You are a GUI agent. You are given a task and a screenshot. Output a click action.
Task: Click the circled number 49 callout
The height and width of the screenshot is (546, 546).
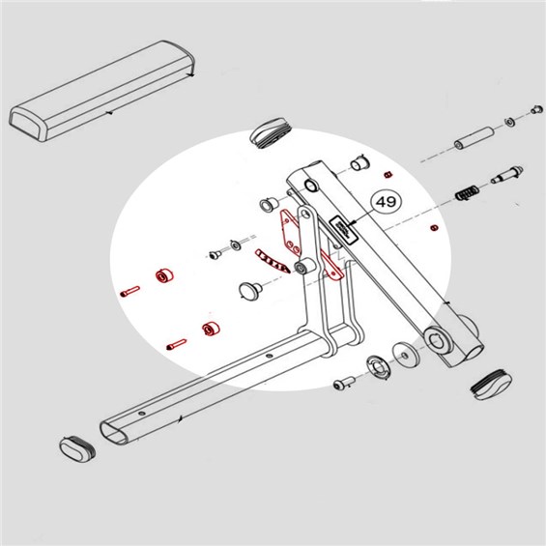click(x=387, y=201)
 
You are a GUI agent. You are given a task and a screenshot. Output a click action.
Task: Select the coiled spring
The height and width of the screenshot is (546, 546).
click(x=467, y=193)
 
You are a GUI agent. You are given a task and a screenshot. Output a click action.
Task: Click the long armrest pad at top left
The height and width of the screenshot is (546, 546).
click(x=101, y=91)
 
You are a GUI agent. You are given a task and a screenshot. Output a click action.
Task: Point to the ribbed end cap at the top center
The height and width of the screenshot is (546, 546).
click(x=271, y=133)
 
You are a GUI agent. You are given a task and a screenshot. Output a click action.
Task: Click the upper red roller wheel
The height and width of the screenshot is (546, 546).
click(x=164, y=275)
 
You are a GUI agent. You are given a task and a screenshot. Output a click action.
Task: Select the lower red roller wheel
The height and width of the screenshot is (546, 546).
click(x=211, y=329)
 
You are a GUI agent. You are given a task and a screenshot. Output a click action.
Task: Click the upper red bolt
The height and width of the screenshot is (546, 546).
click(x=129, y=291)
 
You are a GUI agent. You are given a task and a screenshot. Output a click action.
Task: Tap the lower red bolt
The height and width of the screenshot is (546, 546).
click(x=177, y=344)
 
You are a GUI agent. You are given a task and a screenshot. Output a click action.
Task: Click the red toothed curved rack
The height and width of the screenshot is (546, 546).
click(x=272, y=261)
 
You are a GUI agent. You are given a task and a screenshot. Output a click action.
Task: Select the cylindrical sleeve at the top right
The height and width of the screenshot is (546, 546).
click(x=474, y=139)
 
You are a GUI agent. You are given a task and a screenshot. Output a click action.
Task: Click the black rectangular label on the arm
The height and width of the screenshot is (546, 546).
click(x=344, y=230)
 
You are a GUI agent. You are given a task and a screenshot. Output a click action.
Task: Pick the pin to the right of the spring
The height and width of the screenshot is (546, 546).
click(x=507, y=175)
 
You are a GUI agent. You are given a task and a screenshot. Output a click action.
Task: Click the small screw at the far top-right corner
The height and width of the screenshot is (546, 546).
click(x=536, y=110)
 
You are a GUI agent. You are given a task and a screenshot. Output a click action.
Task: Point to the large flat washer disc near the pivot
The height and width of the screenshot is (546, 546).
click(x=405, y=355)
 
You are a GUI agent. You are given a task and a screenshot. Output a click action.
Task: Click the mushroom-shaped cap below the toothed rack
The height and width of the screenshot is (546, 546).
click(x=250, y=290)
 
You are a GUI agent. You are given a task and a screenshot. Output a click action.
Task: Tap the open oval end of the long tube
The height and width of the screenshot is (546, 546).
click(x=114, y=433)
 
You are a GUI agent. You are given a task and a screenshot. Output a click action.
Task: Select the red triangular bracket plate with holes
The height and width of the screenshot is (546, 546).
click(x=290, y=231)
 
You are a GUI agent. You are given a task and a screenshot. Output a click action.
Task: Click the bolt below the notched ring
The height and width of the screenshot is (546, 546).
click(x=344, y=383)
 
